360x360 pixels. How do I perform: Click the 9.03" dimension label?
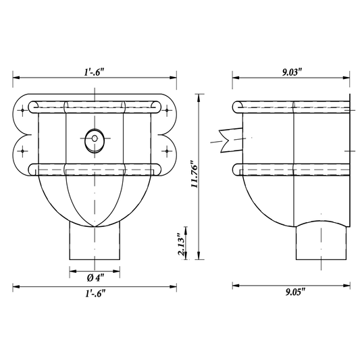tap(292, 72)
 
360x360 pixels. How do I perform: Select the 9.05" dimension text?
tap(295, 292)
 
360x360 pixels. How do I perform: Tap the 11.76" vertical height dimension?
tap(195, 174)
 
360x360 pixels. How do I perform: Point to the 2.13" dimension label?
tap(181, 245)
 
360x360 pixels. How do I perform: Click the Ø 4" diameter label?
tap(95, 278)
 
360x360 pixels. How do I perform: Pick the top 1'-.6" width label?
tap(94, 72)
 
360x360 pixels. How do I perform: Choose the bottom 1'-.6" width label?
tap(95, 293)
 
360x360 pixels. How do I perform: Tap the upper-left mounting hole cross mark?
tap(22, 111)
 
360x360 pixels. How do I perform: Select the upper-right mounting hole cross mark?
tap(167, 111)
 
